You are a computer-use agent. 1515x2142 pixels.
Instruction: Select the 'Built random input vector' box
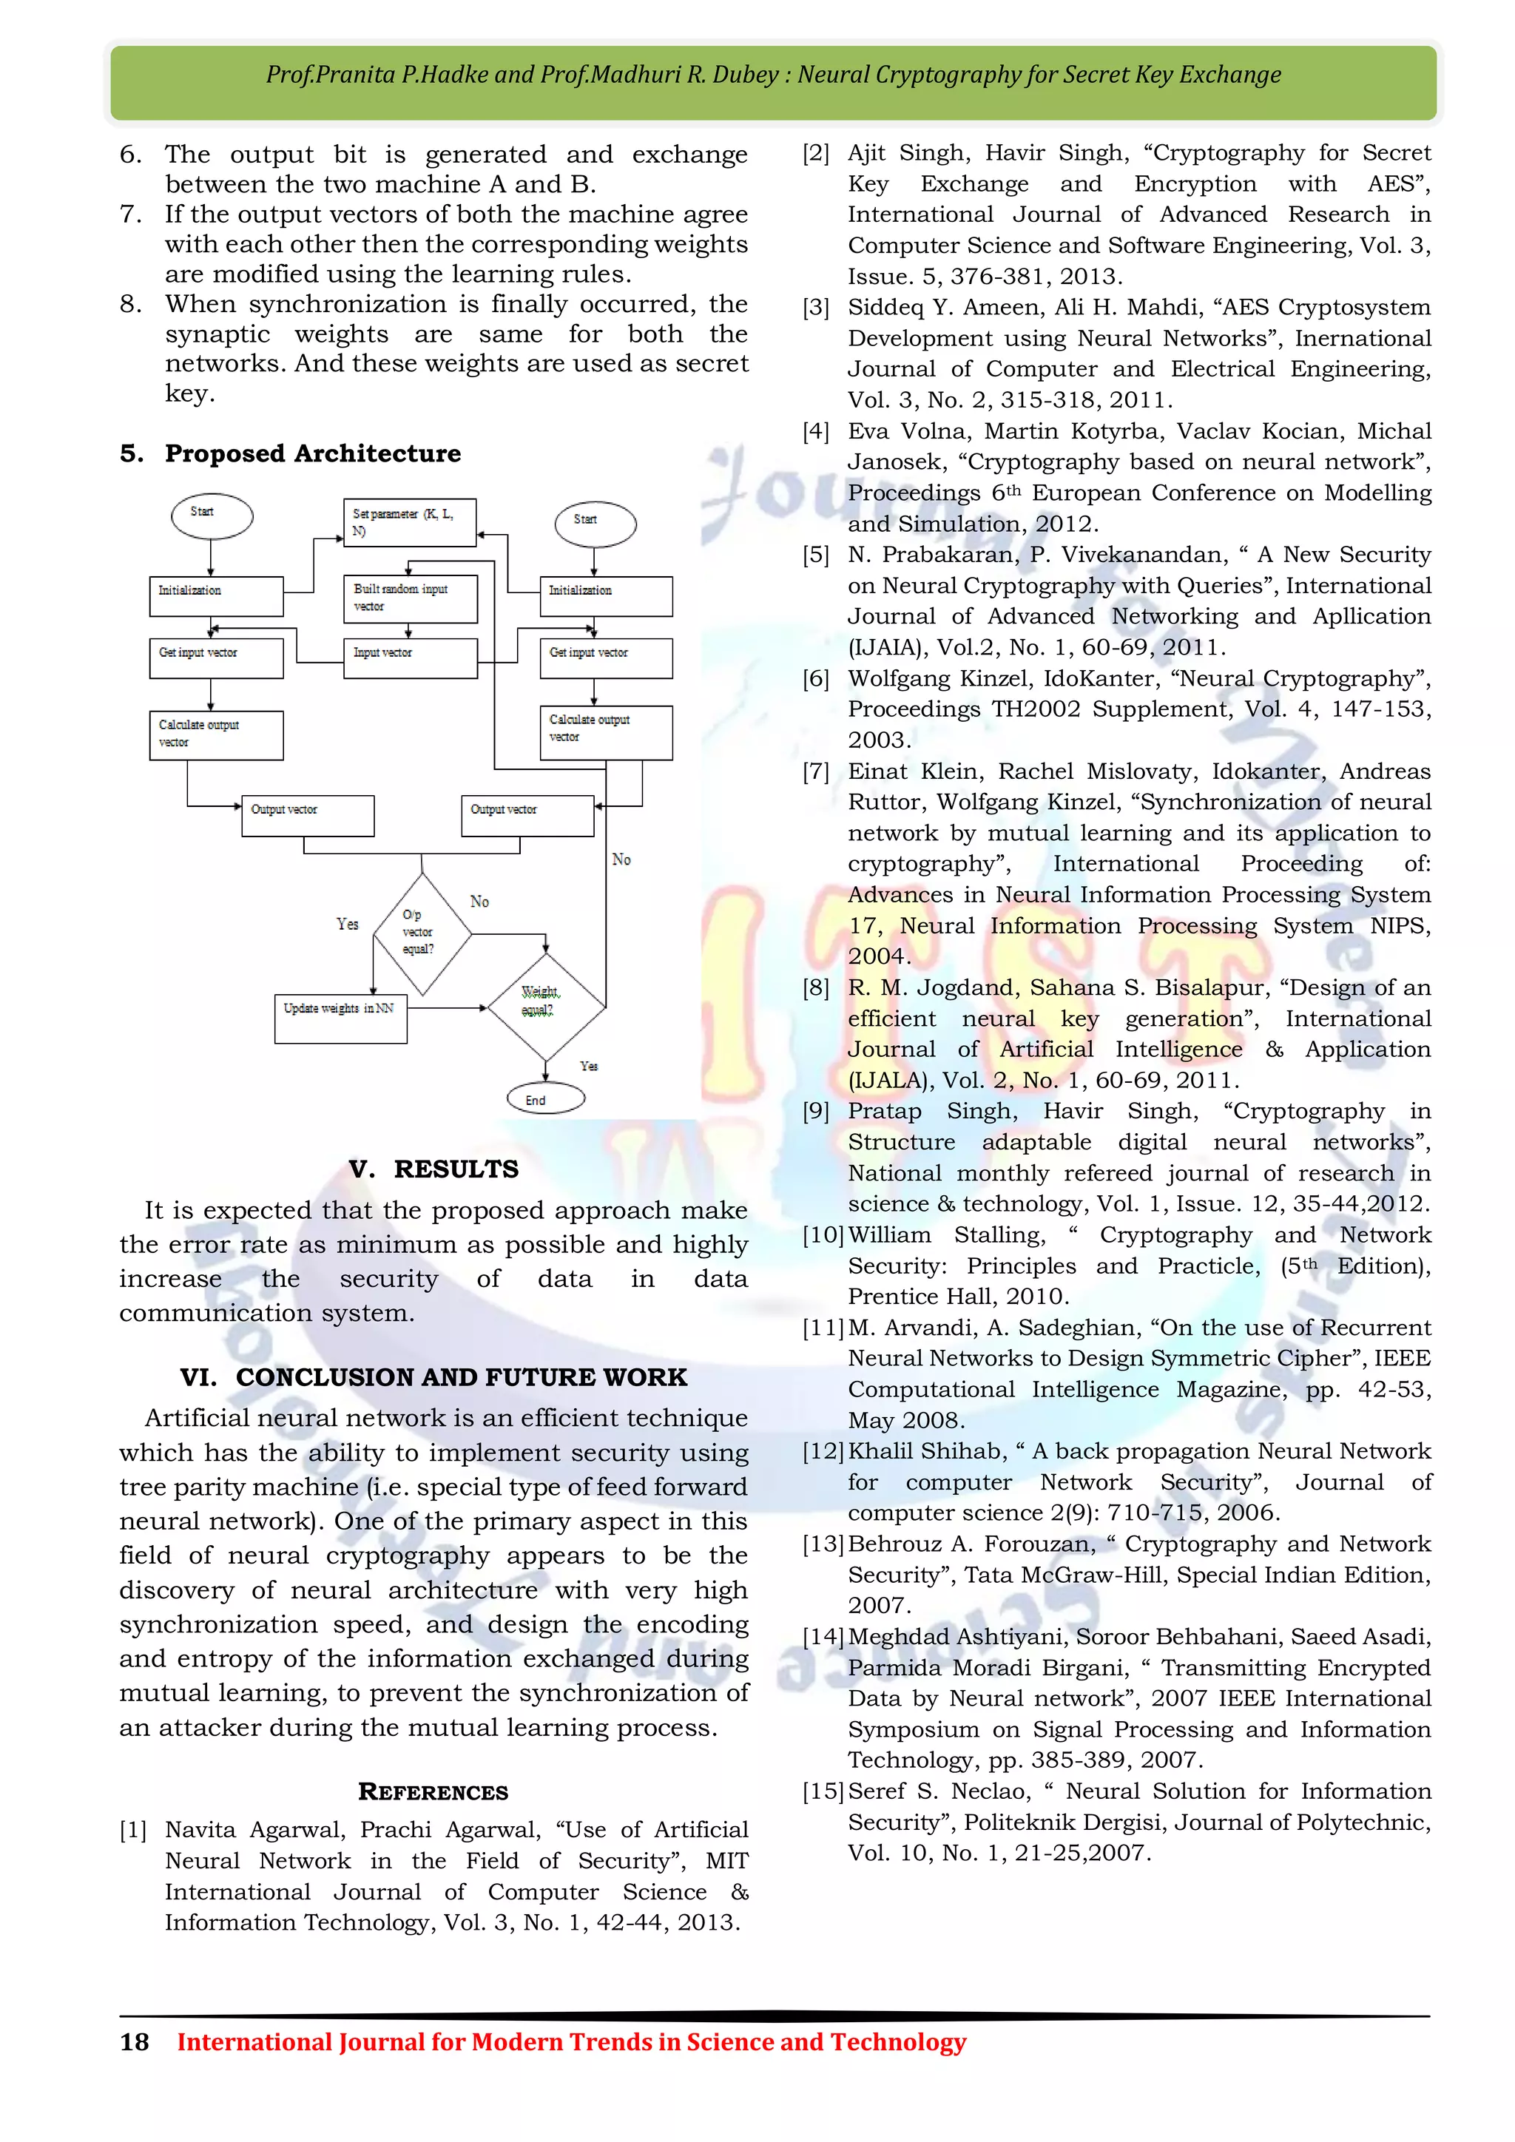pos(410,598)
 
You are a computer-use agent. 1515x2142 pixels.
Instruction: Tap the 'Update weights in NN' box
pos(340,1018)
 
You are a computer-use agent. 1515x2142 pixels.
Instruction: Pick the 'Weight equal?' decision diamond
pos(546,1006)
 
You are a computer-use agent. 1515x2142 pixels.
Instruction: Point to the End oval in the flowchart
pos(546,1099)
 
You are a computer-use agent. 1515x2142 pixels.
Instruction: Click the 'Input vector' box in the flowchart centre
pos(410,658)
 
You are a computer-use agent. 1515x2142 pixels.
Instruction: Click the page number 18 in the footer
pos(135,2041)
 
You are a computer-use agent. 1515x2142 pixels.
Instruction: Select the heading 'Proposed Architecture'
pos(312,453)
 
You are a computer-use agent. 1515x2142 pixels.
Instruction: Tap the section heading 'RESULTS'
pos(455,1169)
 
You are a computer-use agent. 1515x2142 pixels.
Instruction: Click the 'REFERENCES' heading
pos(433,1791)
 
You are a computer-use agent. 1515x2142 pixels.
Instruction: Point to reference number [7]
pos(815,771)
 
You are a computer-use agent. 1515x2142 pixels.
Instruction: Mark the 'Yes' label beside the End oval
pos(589,1065)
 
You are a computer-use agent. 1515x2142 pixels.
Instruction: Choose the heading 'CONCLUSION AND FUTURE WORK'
pos(461,1377)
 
